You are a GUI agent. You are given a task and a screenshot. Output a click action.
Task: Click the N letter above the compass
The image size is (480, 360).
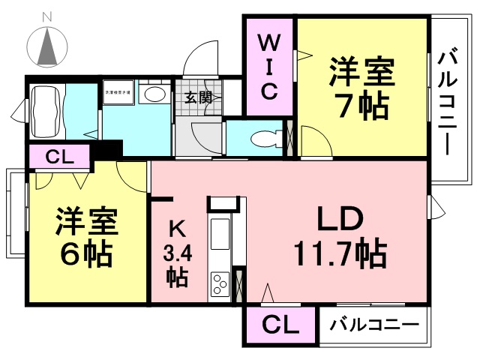click(x=47, y=16)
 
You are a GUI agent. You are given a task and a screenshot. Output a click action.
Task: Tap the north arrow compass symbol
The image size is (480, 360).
click(x=47, y=46)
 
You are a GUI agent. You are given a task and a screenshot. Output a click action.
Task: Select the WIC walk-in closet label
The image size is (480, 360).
click(x=270, y=67)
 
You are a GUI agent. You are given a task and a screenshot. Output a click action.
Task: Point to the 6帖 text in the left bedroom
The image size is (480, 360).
click(x=86, y=254)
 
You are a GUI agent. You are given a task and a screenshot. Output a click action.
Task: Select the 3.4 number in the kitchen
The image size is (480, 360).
click(x=178, y=253)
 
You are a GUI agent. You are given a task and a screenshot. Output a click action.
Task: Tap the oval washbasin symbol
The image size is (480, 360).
click(x=154, y=94)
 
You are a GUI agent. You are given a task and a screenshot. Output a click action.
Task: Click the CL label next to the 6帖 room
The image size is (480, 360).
click(x=59, y=157)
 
